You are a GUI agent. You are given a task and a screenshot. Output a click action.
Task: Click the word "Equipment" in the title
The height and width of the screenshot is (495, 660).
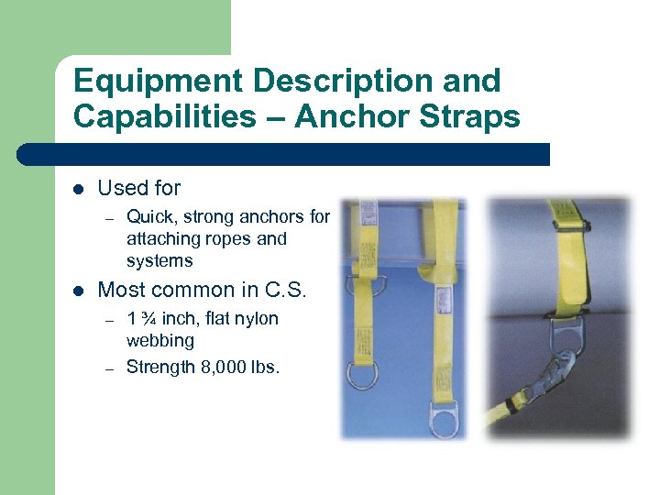[157, 81]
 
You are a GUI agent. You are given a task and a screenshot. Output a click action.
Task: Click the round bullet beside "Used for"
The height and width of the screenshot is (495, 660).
[79, 189]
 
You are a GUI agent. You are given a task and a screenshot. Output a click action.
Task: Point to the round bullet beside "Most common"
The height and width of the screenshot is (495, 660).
[79, 291]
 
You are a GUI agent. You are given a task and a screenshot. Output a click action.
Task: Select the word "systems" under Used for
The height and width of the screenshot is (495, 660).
[159, 261]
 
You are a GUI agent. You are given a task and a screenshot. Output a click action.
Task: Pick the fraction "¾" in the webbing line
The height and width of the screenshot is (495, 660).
[148, 319]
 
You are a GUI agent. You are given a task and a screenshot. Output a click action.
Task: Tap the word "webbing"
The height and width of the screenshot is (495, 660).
[159, 341]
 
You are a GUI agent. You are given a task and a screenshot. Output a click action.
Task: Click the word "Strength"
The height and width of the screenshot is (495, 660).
[159, 368]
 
